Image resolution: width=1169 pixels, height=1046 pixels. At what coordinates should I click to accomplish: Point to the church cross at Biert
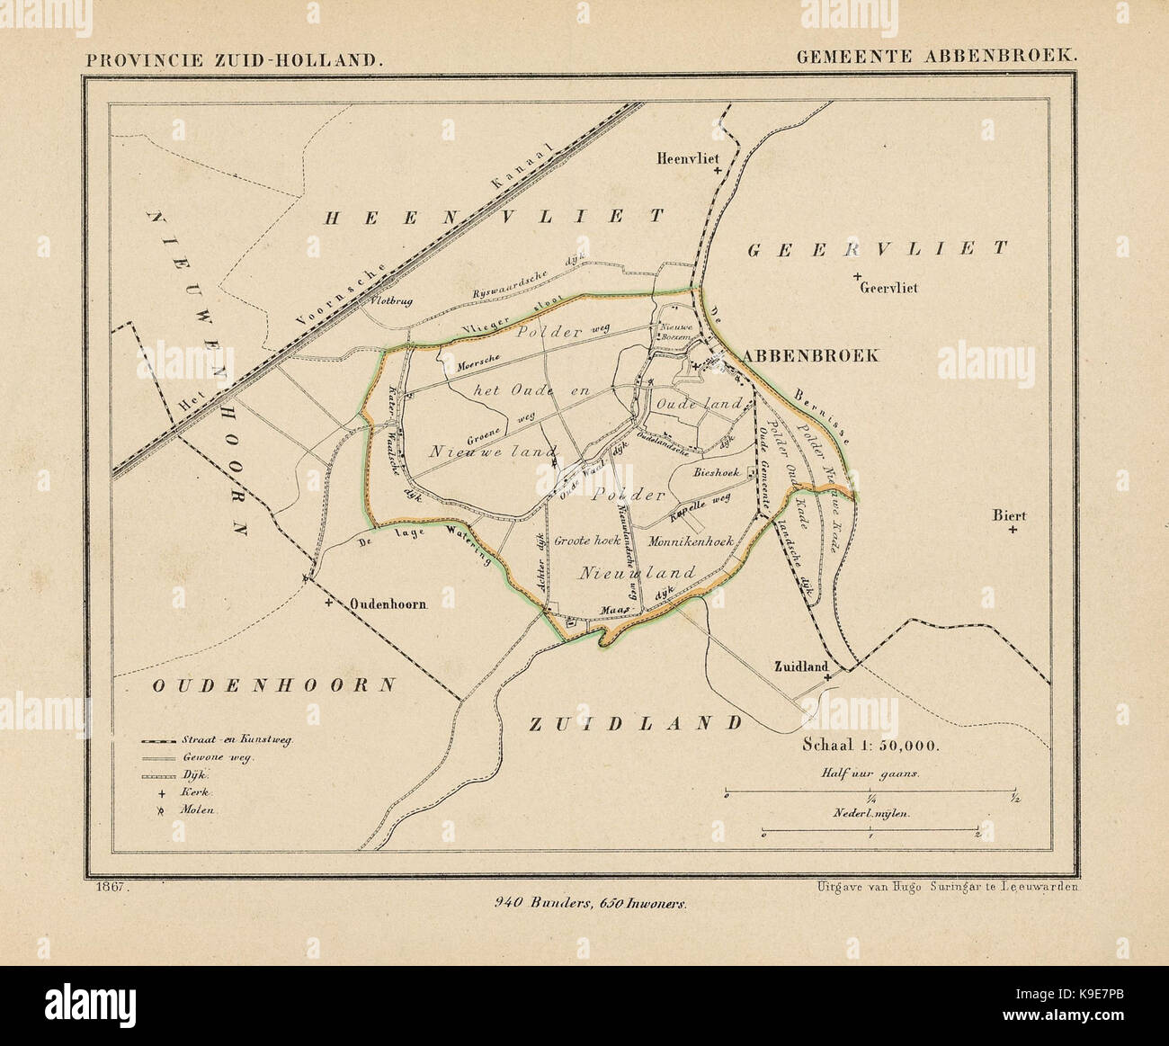pyautogui.click(x=1013, y=531)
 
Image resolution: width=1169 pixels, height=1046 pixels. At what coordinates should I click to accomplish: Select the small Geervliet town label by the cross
pyautogui.click(x=888, y=289)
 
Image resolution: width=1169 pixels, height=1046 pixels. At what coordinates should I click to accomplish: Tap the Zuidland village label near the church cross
pyautogui.click(x=798, y=666)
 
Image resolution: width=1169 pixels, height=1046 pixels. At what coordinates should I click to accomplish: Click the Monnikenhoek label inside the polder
pyautogui.click(x=692, y=541)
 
